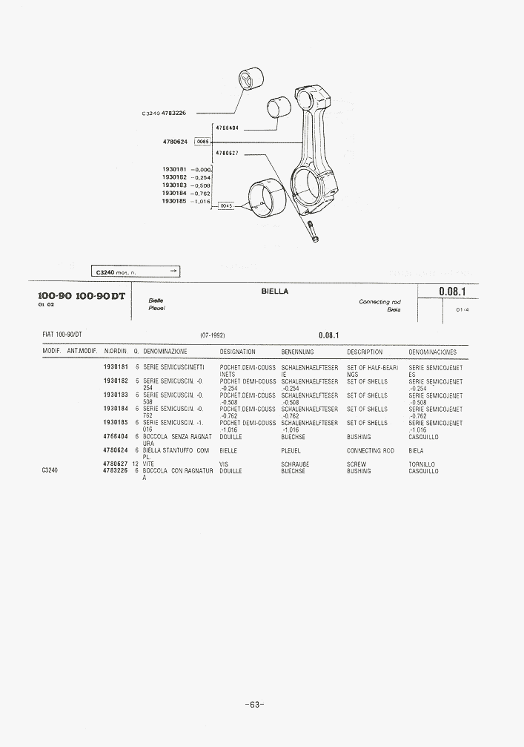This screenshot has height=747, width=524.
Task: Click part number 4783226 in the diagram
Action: pyautogui.click(x=173, y=113)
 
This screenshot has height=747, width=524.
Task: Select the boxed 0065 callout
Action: pyautogui.click(x=203, y=141)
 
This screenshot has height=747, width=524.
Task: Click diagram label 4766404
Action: pyautogui.click(x=227, y=128)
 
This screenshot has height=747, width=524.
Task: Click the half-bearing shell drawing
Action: pyautogui.click(x=267, y=199)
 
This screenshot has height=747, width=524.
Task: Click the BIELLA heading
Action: pyautogui.click(x=274, y=292)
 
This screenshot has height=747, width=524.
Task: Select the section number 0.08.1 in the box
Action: pyautogui.click(x=451, y=292)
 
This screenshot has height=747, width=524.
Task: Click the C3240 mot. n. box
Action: pyautogui.click(x=136, y=272)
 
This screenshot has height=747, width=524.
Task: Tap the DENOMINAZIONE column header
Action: pyautogui.click(x=165, y=352)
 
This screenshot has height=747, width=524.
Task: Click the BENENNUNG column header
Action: pyautogui.click(x=298, y=352)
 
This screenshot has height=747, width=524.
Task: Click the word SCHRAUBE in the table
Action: pyautogui.click(x=294, y=464)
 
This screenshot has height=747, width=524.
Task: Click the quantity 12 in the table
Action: pyautogui.click(x=136, y=464)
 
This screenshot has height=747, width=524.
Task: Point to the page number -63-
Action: pyautogui.click(x=254, y=705)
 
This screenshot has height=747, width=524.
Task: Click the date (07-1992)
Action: pyautogui.click(x=213, y=335)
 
